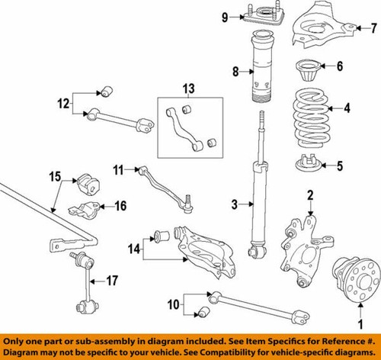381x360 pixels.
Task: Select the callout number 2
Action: [310, 195]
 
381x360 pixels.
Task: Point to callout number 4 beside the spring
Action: [347, 108]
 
